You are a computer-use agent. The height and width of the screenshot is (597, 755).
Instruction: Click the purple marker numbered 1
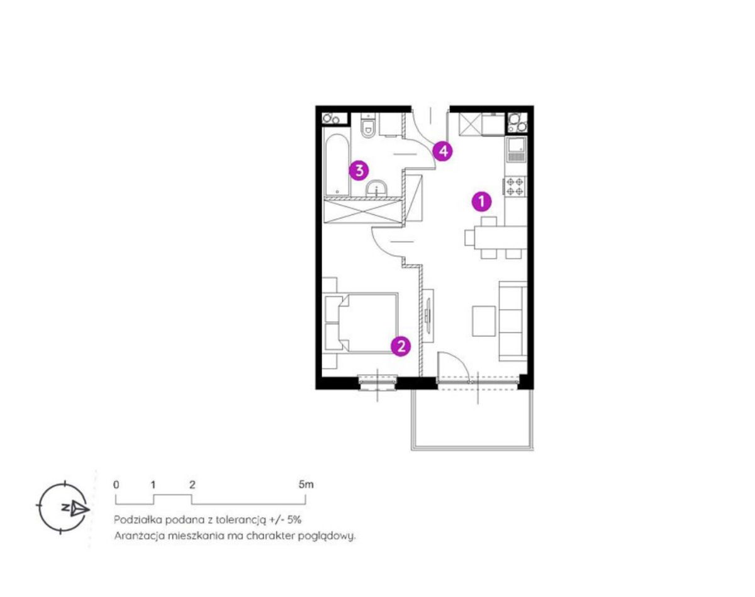click(481, 202)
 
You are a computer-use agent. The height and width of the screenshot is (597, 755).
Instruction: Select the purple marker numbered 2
click(401, 346)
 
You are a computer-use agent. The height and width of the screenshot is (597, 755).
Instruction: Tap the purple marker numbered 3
click(359, 171)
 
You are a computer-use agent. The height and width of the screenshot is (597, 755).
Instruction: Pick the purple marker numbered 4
click(443, 151)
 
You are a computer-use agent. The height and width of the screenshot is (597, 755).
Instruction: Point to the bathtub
click(337, 165)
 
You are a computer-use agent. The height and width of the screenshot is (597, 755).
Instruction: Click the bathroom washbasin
click(376, 188)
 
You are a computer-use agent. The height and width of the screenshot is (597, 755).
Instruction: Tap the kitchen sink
click(515, 150)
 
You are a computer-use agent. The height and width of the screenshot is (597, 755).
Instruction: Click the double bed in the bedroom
click(361, 322)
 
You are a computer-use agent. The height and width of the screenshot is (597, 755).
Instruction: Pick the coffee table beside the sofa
click(484, 321)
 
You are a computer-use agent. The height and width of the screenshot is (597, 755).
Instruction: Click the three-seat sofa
click(513, 321)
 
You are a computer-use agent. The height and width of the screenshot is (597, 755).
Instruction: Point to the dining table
click(500, 237)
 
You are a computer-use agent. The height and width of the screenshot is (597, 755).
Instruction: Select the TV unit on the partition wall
click(428, 315)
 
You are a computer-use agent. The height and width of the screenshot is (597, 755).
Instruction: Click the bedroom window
click(377, 382)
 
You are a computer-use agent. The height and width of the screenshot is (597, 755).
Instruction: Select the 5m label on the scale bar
click(306, 485)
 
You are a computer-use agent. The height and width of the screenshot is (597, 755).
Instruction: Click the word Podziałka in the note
click(138, 520)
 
